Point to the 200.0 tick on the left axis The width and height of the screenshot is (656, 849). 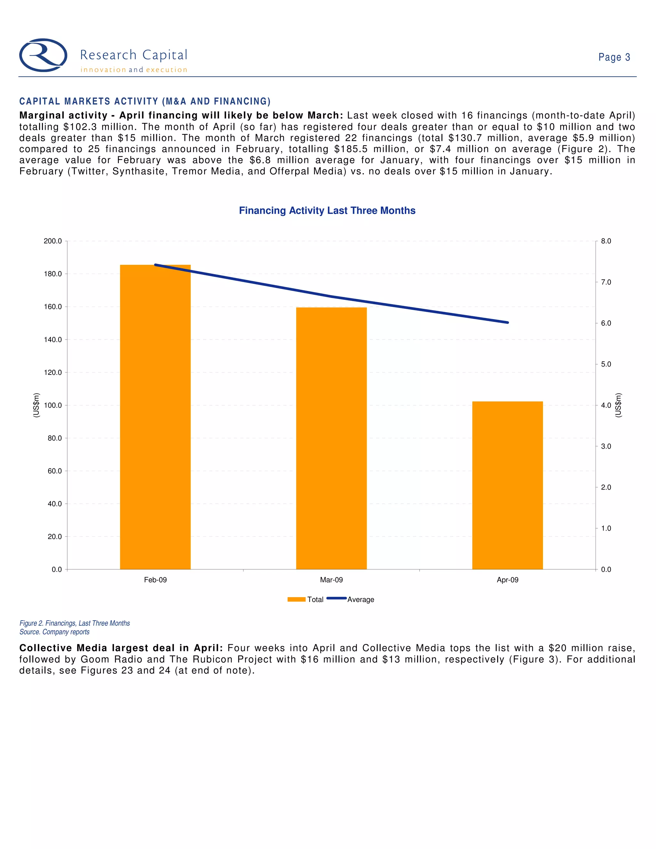[53, 241]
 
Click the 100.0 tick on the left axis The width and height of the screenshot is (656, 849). [53, 405]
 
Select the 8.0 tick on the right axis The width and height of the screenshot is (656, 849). [606, 241]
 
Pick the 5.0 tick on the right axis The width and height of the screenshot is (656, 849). [606, 364]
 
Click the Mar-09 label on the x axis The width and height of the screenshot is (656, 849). [331, 580]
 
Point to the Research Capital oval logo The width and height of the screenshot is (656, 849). [43, 55]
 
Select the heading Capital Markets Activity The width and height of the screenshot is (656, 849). [145, 102]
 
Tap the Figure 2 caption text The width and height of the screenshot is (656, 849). [75, 623]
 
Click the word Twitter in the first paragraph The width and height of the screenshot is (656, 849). [88, 171]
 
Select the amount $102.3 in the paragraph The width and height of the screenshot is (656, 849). [80, 127]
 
